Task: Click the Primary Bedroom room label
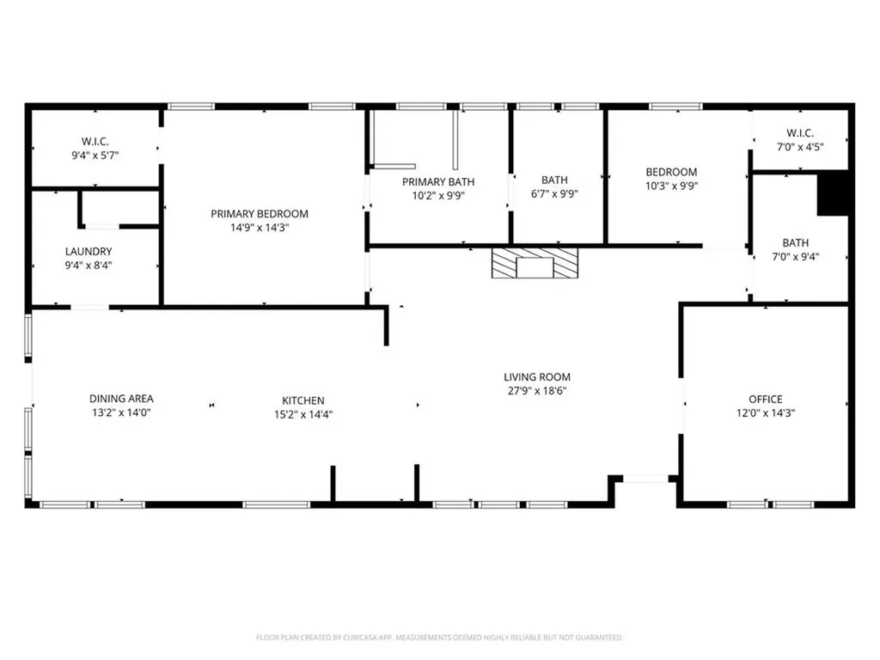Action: point(260,214)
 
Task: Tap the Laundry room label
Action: point(89,252)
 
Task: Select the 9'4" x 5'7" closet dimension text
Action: point(95,155)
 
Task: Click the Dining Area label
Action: point(121,399)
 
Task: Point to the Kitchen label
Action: point(303,400)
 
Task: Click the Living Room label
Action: point(537,376)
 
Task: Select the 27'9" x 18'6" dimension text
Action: point(537,391)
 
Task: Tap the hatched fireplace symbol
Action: point(535,264)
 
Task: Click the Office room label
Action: point(765,399)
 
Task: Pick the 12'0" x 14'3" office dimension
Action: point(765,412)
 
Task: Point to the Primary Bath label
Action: point(438,181)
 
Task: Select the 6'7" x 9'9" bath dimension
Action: point(554,193)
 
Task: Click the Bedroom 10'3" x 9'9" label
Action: point(671,172)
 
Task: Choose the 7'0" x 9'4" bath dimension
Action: point(795,256)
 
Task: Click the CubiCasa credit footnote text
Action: point(439,638)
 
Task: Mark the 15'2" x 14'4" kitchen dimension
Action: point(303,414)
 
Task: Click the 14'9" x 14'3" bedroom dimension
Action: point(260,228)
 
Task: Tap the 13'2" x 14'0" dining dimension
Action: point(121,412)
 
